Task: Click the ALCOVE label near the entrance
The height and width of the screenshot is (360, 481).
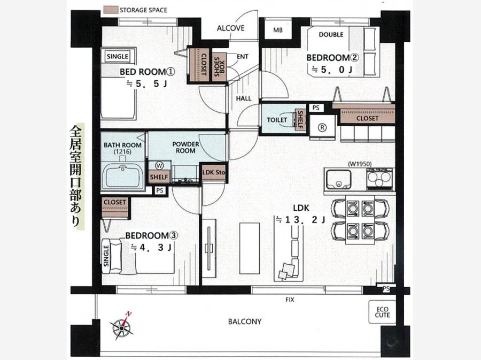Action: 230,28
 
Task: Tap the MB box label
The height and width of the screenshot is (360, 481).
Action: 278,30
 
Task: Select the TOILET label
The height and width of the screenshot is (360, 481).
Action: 277,120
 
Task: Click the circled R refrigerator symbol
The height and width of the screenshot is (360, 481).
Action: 322,127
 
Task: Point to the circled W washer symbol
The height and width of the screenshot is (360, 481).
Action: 159,166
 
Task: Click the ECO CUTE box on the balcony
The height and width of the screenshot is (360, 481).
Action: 382,312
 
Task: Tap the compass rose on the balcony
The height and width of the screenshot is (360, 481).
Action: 122,327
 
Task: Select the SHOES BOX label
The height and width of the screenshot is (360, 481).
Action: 219,67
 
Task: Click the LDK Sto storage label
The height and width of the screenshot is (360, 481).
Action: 213,172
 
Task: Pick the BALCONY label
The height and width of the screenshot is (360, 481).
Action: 244,321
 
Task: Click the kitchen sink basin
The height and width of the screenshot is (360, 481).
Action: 339,179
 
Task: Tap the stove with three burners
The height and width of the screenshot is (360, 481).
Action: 379,179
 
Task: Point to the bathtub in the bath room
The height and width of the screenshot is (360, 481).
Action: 122,177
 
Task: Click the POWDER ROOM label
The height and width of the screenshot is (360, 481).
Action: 185,148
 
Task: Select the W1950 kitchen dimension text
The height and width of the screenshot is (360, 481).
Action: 360,164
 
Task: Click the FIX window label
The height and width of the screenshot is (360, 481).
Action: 290,300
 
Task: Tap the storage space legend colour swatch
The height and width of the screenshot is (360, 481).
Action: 111,10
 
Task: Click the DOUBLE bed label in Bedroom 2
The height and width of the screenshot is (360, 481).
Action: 331,34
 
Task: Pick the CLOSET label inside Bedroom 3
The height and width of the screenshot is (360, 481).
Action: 115,202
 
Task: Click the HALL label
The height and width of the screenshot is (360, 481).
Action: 244,98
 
